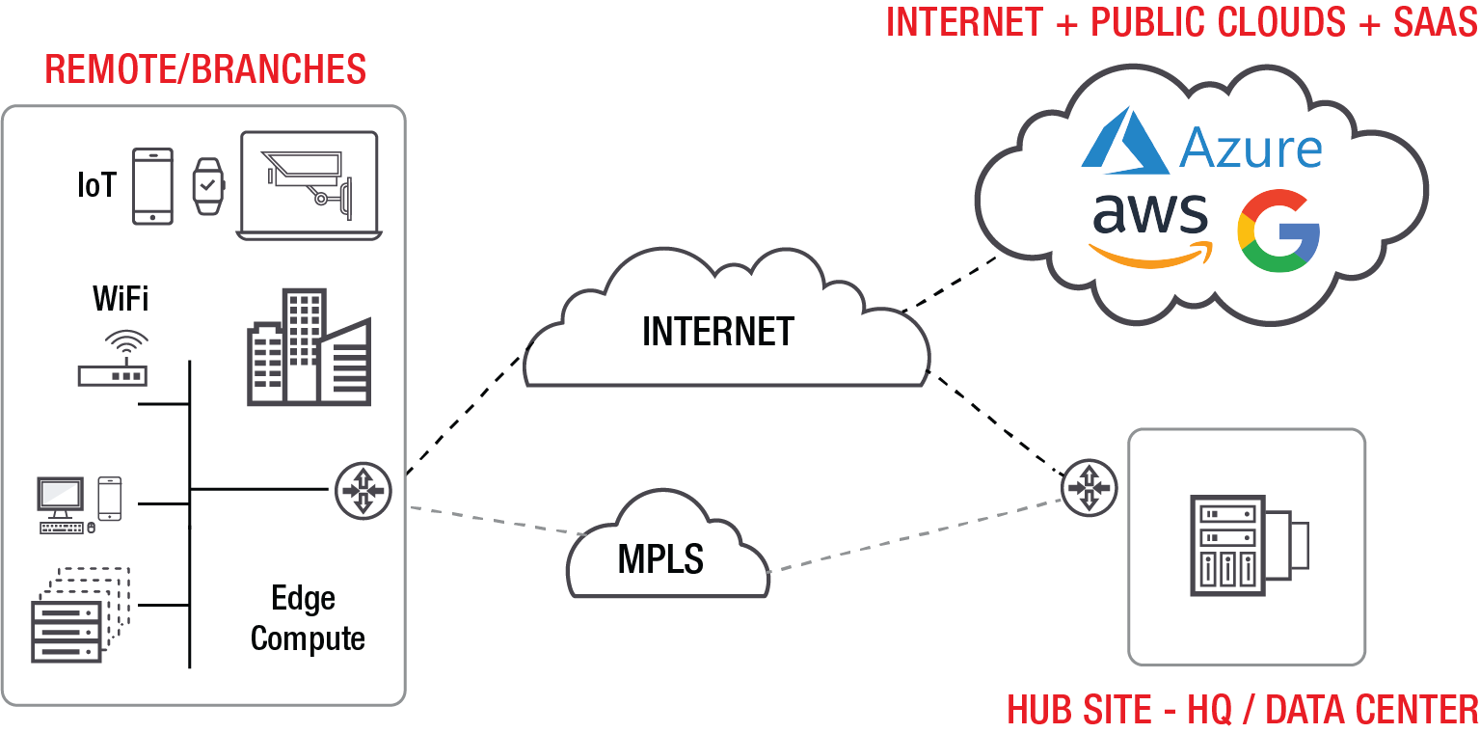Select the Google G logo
click(1278, 231)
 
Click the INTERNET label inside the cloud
click(717, 332)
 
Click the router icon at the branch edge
click(362, 490)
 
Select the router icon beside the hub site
click(1090, 489)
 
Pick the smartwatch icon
click(207, 185)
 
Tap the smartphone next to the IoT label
click(152, 186)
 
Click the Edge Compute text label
click(307, 618)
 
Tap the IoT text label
click(96, 186)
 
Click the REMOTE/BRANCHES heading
click(205, 69)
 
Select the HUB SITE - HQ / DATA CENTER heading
click(1242, 710)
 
